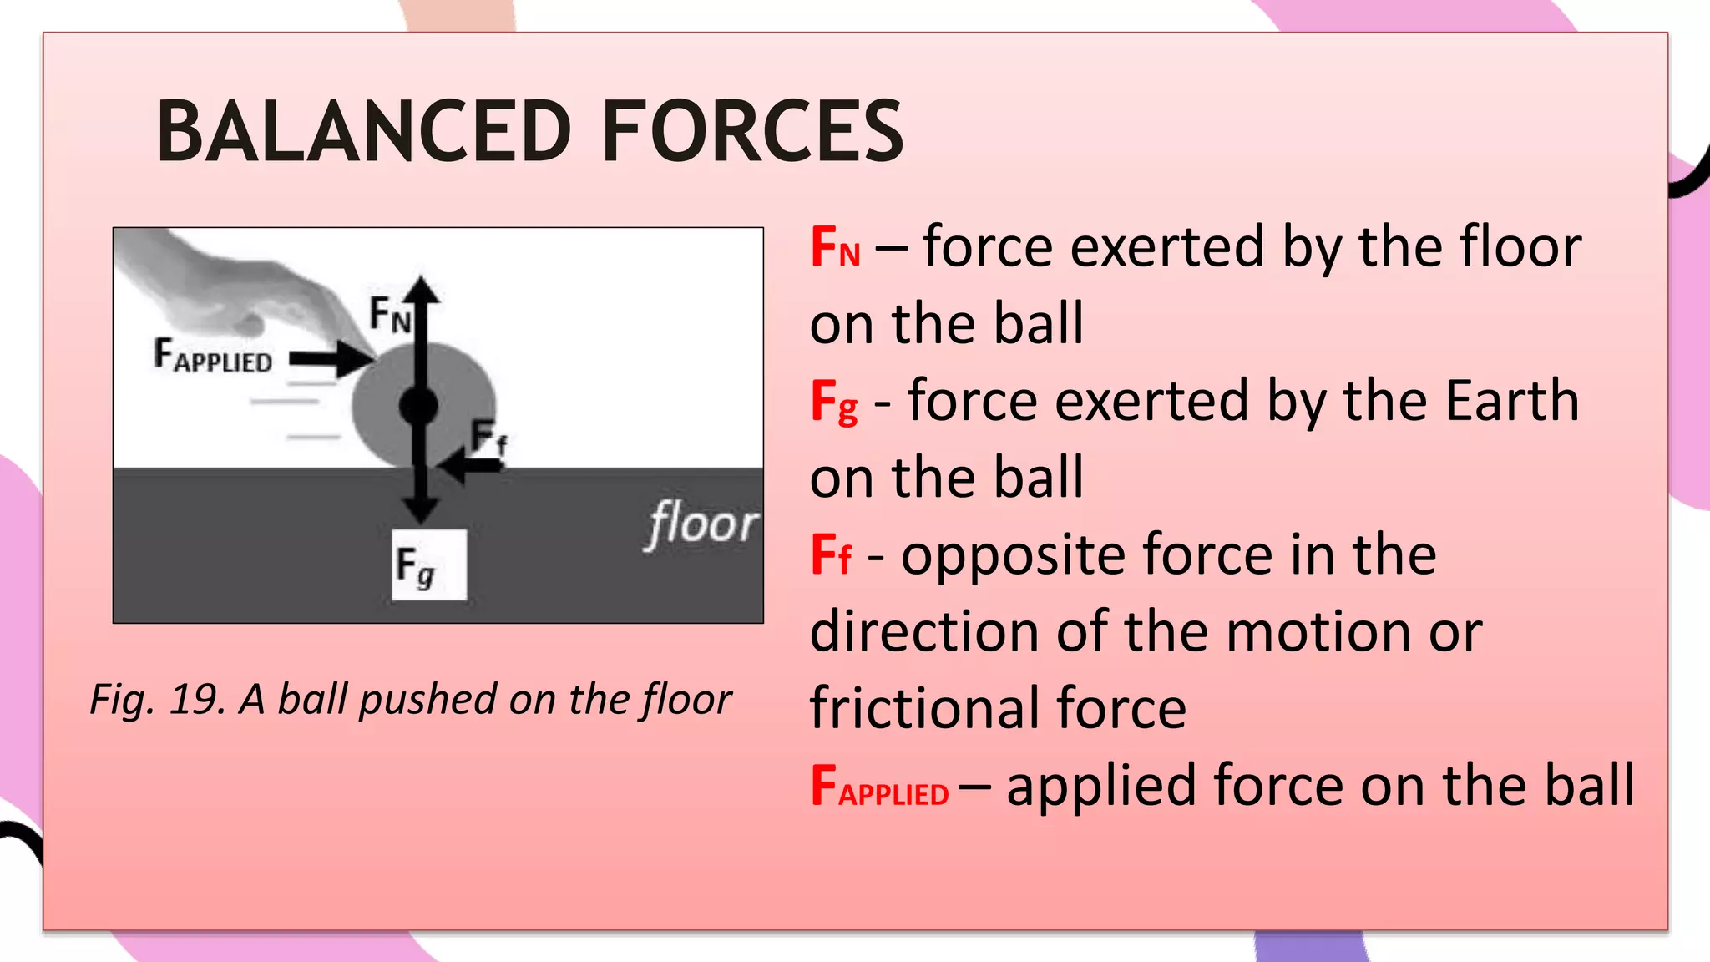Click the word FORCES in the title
coord(752,131)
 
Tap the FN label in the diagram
coord(391,315)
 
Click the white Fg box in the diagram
coord(429,565)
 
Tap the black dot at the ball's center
coord(419,406)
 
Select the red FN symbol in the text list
coord(835,248)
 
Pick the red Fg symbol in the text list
coord(834,403)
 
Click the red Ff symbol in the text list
coord(832,556)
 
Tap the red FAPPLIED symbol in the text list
coord(879,787)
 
